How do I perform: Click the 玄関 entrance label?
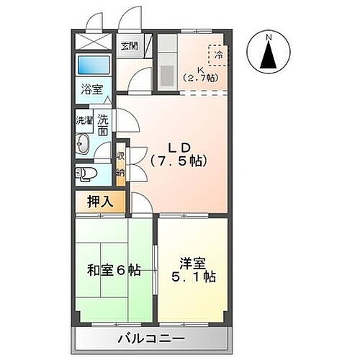[129, 46]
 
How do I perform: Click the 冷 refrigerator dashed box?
[217, 55]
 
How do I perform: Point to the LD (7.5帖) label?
[176, 155]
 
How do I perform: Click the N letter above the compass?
[267, 37]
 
